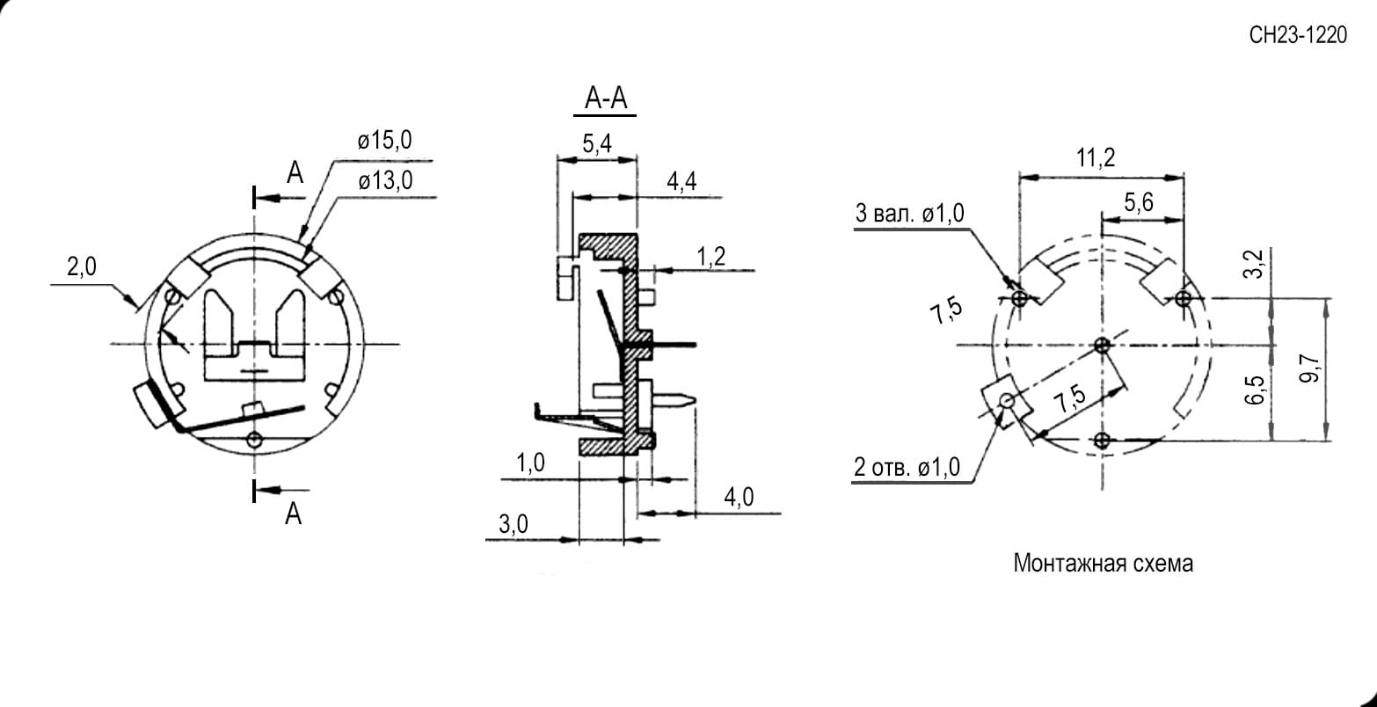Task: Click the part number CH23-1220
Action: point(1298,35)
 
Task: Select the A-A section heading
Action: point(606,98)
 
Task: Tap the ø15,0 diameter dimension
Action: point(385,140)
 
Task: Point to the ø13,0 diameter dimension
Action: point(385,181)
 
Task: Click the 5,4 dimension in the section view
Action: point(597,144)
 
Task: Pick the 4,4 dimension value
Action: point(681,181)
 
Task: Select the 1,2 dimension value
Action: point(710,257)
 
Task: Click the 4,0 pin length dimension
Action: point(739,497)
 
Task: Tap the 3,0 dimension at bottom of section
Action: point(514,524)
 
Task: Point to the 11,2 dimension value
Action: point(1096,158)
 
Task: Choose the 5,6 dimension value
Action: point(1139,202)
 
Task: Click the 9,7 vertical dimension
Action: point(1309,368)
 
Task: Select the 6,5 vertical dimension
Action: point(1255,390)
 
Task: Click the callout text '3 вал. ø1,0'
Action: point(910,214)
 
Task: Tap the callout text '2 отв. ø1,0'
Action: point(907,467)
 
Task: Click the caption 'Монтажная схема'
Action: point(1103,563)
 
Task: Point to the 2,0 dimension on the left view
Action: point(82,266)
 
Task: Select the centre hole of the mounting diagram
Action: point(1102,345)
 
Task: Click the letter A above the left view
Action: point(295,172)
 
